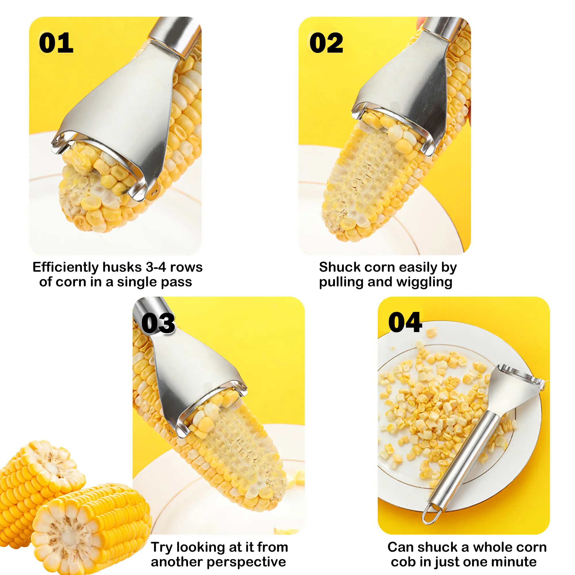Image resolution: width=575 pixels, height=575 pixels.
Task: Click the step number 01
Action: click(x=56, y=43)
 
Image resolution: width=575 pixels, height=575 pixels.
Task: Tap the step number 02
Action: click(x=326, y=43)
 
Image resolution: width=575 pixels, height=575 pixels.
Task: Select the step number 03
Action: click(x=158, y=323)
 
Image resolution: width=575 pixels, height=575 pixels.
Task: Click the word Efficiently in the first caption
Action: click(x=66, y=268)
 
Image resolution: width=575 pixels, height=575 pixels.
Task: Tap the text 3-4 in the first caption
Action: click(x=156, y=267)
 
